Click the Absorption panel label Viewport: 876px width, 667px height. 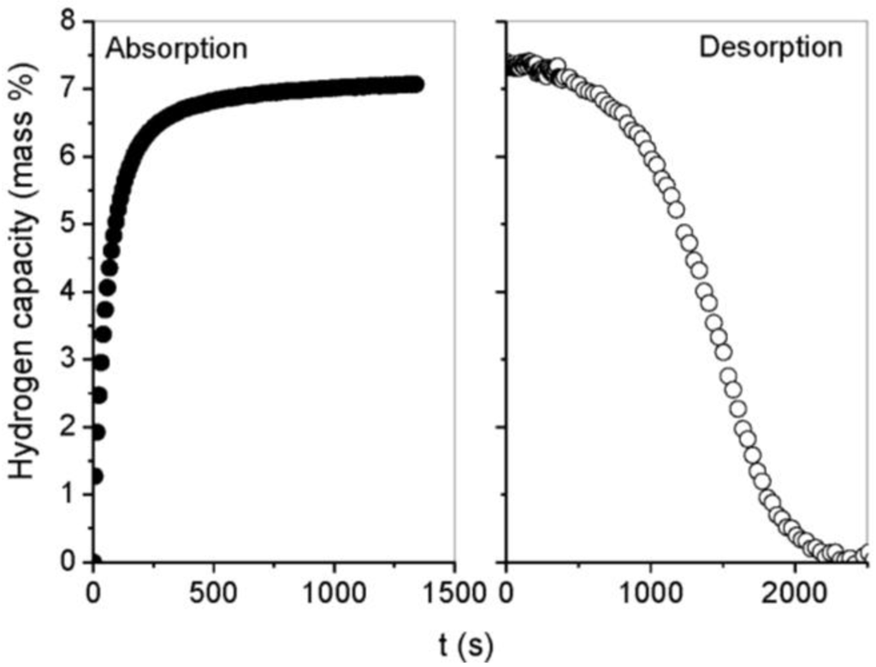176,48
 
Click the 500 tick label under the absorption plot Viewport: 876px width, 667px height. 214,592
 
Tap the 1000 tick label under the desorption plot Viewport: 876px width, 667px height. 651,592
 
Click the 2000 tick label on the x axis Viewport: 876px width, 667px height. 795,592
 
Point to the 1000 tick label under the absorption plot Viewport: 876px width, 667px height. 334,592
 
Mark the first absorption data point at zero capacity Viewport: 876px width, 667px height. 93,561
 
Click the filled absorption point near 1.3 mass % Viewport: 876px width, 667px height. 95,475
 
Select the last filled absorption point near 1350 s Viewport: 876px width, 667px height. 416,84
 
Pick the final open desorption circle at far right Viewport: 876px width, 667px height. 867,552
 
